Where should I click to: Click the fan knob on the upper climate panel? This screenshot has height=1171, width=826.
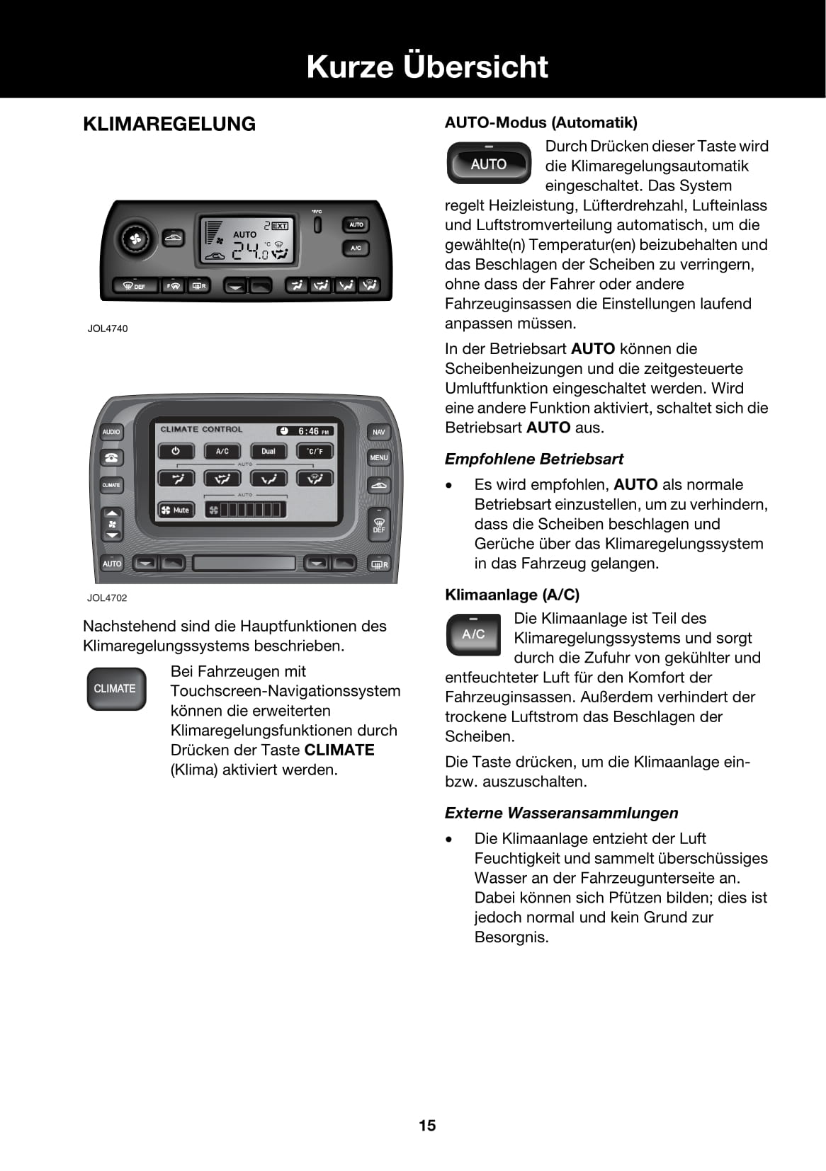coord(135,239)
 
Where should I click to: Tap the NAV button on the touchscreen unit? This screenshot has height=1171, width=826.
coord(379,432)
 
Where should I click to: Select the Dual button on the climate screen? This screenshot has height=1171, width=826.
coord(268,451)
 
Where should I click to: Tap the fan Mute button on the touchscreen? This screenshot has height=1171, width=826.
coord(175,510)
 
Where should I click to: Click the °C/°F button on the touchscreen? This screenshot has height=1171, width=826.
coord(315,451)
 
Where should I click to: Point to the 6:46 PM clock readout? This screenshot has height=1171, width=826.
coord(305,430)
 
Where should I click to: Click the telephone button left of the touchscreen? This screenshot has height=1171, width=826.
coord(111,457)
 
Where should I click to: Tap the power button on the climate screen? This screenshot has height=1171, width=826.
coord(176,451)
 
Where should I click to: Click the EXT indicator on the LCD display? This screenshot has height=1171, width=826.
coord(280,226)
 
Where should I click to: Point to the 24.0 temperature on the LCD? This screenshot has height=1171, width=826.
coord(251,251)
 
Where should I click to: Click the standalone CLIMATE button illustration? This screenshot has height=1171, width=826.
coord(115,689)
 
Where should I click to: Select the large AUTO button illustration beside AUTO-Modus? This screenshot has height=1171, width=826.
coord(489,164)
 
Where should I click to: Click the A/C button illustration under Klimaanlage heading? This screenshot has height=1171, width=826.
coord(473,634)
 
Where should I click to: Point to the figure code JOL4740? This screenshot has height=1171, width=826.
coord(108,329)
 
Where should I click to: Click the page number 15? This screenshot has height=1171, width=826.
coord(427,1126)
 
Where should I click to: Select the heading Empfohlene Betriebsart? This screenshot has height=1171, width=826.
coord(534,459)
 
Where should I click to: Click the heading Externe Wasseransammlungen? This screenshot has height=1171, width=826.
coord(561,813)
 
